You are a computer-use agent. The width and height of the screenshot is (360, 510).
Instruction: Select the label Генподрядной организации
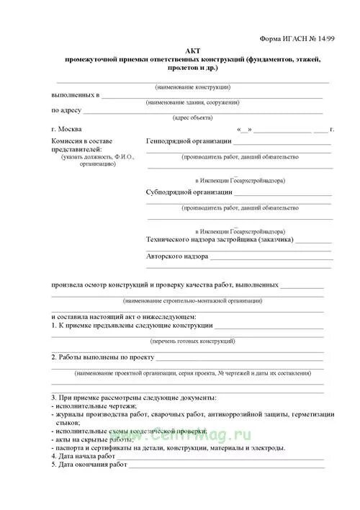188,141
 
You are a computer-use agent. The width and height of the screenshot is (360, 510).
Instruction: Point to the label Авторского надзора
177,256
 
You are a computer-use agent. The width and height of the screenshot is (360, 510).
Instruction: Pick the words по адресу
66,111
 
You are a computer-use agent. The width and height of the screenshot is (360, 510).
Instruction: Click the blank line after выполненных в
216,97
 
